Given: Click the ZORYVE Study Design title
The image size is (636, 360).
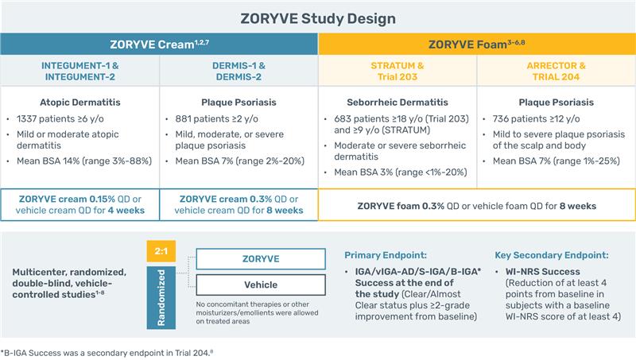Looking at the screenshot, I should click(318, 17).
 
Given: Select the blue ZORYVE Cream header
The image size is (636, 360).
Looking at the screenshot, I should click(159, 45).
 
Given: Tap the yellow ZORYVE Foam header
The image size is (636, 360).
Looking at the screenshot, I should click(477, 45).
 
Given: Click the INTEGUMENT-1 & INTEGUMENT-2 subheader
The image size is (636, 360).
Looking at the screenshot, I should click(79, 71).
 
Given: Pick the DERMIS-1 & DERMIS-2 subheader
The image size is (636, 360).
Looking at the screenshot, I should click(238, 71).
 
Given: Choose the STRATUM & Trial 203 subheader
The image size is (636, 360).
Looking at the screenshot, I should click(397, 71).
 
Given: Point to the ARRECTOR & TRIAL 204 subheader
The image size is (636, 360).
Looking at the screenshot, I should click(556, 71).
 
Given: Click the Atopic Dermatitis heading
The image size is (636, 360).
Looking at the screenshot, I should click(79, 103).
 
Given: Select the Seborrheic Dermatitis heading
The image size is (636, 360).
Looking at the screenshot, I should click(397, 103).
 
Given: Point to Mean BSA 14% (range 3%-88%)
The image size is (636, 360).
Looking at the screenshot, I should click(84, 162).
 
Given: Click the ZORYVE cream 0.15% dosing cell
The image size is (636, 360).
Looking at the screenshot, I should click(79, 204).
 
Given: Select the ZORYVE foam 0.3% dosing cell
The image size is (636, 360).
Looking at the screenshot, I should click(477, 206).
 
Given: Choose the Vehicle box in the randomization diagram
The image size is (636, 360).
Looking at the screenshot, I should click(261, 285).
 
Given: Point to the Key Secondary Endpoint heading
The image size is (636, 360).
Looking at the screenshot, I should click(552, 255).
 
